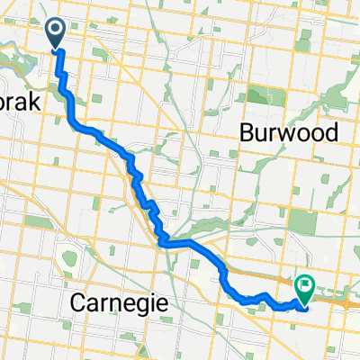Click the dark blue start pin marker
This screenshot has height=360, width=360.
(55, 33)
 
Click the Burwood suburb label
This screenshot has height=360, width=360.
(289, 133)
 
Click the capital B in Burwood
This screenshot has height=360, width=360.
(247, 133)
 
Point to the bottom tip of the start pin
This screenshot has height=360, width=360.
(55, 49)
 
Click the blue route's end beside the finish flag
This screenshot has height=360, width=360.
(303, 304)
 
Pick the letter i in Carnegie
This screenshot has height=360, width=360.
(156, 303)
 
